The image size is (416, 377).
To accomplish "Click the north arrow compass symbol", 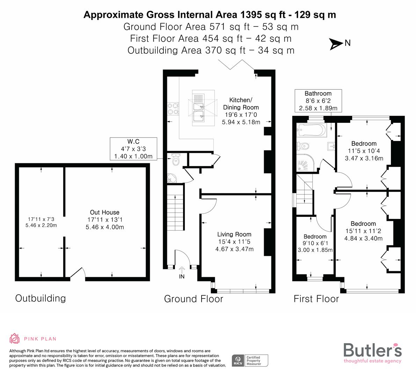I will point(336,44).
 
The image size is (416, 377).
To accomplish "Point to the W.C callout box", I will point(133,149).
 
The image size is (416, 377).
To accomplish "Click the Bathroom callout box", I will point(318,101).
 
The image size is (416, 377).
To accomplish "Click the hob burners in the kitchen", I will point(173,108).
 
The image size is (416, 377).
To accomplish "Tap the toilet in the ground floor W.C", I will point(176,160).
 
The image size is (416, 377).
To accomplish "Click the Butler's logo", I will point(372,353).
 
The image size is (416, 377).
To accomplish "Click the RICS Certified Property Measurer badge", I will point(250,360).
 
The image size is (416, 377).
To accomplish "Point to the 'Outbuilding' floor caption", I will point(40,298).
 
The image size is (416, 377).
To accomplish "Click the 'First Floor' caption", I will point(316,299).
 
